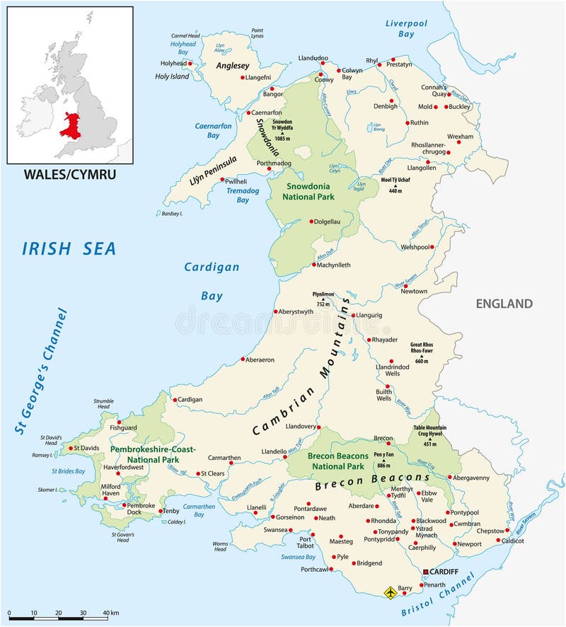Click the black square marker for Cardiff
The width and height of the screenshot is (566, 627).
tap(425, 571)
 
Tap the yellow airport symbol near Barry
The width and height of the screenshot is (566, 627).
tap(389, 592)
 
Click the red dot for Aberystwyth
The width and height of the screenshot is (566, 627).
tap(276, 311)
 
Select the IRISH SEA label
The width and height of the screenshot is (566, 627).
tap(69, 248)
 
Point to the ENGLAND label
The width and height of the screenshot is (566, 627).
tap(504, 304)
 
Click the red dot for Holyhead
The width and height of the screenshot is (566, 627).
tap(192, 63)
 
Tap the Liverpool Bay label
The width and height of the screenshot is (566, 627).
tap(406, 28)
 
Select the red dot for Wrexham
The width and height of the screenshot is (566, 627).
tap(458, 142)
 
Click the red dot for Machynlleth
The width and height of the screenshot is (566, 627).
tap(313, 265)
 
